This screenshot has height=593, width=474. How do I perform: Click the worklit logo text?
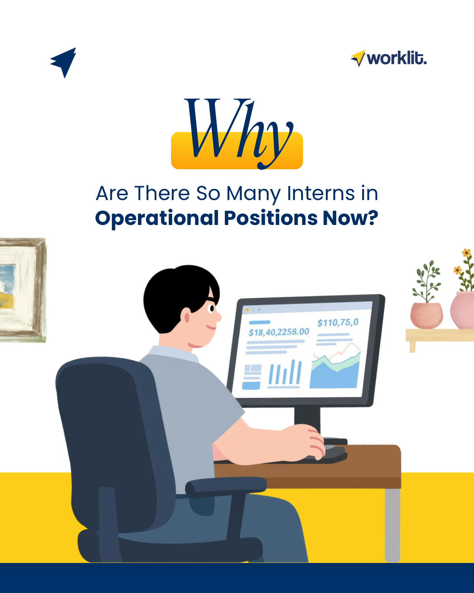(x=396, y=59)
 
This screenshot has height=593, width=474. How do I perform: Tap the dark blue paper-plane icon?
(x=64, y=62)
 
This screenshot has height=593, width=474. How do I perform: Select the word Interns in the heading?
(x=321, y=193)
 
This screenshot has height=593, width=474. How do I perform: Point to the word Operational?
(x=157, y=218)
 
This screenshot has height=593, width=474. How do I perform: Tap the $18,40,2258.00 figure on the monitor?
(x=278, y=332)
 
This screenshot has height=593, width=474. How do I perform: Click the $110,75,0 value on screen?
(x=338, y=323)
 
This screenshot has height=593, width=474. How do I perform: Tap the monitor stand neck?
(x=307, y=421)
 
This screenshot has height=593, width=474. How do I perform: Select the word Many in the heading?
(x=253, y=193)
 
